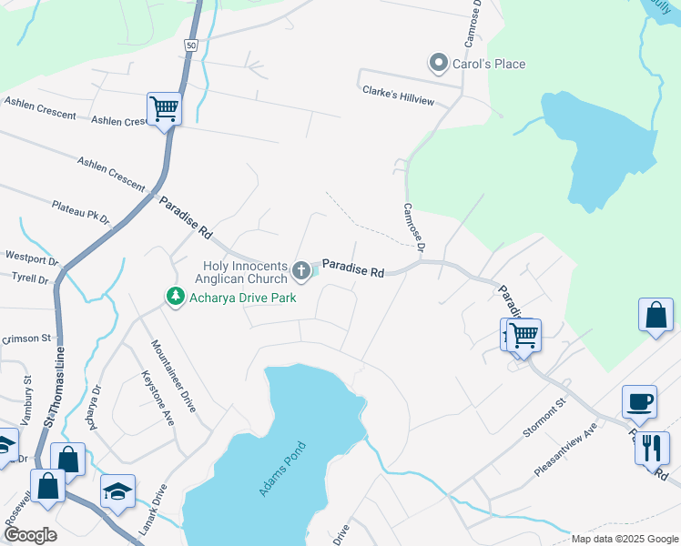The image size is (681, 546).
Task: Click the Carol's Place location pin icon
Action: pos(439,63)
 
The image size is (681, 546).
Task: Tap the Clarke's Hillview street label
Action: pos(398,95)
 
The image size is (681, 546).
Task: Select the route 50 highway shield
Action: pos(189,45)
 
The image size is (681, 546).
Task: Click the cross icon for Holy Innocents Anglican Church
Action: pos(301,270)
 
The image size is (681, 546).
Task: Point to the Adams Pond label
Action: pos(283,469)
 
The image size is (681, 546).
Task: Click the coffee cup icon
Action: pos(639,401)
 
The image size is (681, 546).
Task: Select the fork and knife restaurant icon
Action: pos(652,448)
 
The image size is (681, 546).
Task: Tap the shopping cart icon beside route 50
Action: pos(165,108)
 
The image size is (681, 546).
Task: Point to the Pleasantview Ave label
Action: pos(566,449)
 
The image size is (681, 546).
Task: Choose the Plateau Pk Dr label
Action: pos(80,213)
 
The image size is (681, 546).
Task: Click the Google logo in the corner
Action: pos(30,535)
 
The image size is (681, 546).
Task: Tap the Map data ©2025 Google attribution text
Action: pos(624,539)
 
